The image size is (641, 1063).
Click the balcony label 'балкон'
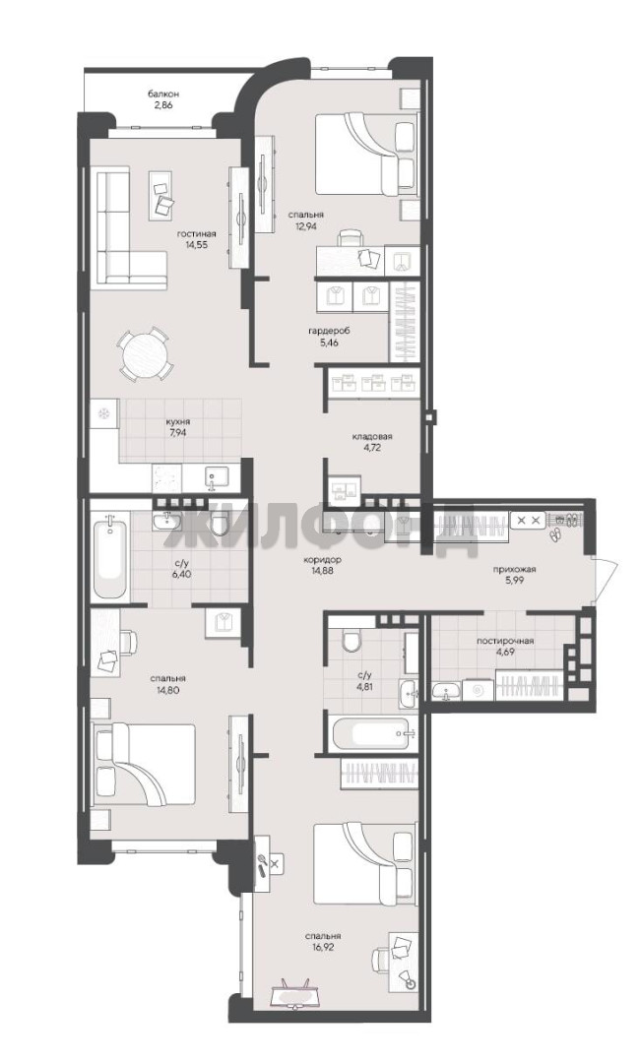[x=163, y=94]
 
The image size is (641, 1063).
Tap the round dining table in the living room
[x=143, y=354]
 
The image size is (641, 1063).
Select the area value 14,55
[x=197, y=245]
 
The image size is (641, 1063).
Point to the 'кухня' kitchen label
[x=177, y=421]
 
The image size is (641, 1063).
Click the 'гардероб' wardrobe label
[x=328, y=332]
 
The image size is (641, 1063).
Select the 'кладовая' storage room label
[x=372, y=436]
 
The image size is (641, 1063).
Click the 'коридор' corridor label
[x=322, y=560]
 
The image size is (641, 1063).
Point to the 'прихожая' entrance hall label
[x=515, y=570]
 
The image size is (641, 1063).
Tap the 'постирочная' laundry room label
[x=505, y=641]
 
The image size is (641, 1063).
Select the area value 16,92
[x=322, y=947]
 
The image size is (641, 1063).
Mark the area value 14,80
[x=168, y=689]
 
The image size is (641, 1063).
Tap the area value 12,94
[x=304, y=227]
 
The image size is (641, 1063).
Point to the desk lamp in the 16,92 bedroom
[x=408, y=980]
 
